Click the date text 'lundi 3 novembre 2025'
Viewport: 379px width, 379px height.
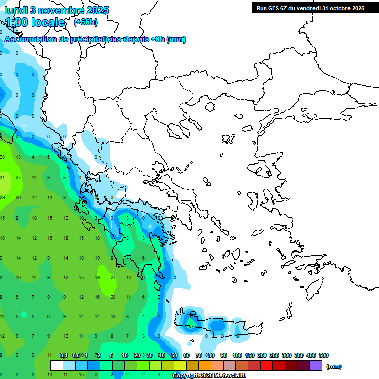[57, 10]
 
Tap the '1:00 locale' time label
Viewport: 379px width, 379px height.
[35, 22]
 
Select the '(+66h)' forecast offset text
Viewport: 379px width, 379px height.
[85, 22]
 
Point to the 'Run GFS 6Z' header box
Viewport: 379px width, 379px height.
[308, 8]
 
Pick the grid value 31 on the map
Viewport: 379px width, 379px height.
[2, 177]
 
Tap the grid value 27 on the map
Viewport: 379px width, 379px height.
[18, 177]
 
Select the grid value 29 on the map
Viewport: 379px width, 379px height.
[2, 197]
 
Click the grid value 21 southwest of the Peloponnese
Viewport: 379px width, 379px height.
[113, 278]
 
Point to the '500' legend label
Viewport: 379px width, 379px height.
[323, 355]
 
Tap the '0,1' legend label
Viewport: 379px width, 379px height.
[64, 355]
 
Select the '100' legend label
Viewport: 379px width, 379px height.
[237, 355]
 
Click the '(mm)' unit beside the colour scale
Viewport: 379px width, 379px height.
[334, 366]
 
